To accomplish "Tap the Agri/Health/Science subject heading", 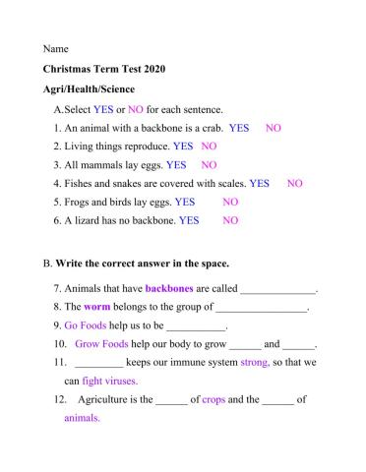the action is [x=89, y=89].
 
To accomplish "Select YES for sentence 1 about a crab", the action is [x=239, y=128].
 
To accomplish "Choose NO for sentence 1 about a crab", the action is [x=274, y=128].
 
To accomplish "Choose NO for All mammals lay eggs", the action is [x=210, y=165].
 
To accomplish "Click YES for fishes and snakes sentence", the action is [x=260, y=184].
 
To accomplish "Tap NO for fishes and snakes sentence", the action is [x=295, y=184].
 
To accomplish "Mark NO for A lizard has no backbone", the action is [x=230, y=221].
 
